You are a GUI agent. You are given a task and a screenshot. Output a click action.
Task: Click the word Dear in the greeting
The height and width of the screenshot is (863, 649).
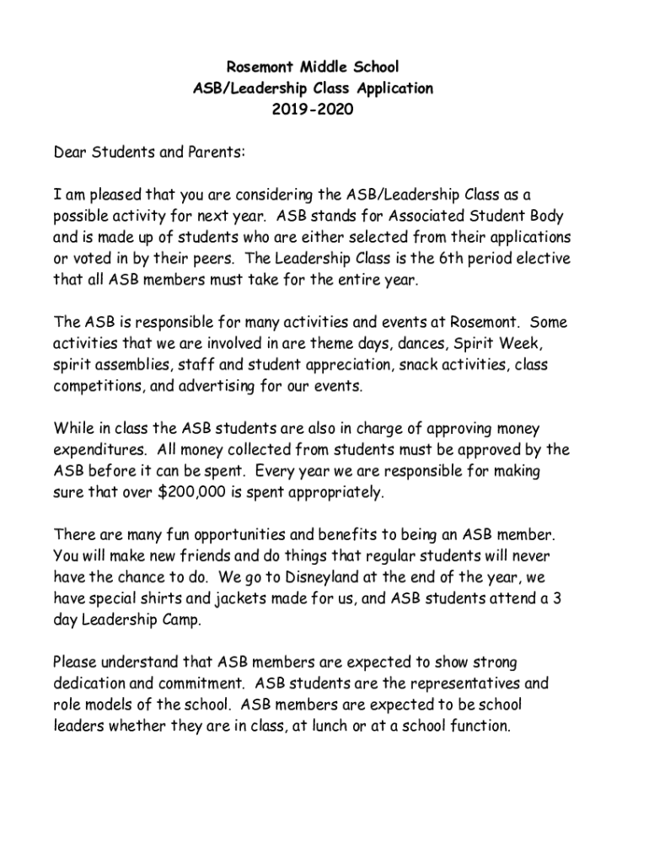click(71, 153)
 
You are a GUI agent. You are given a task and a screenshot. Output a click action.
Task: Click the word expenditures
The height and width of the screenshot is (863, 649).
click(102, 450)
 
